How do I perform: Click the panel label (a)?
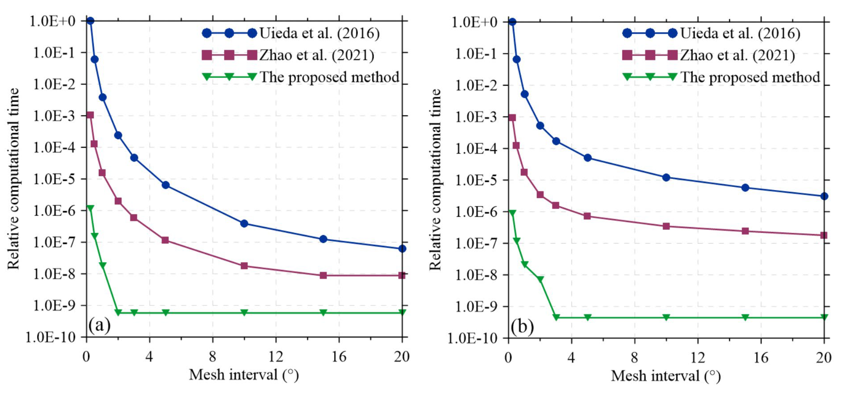[x=99, y=325]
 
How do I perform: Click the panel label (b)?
[x=522, y=327]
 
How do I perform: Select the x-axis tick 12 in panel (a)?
[x=276, y=357]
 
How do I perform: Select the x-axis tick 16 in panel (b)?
[x=761, y=358]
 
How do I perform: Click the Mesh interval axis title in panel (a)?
[x=244, y=375]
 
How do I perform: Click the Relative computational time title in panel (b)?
[x=435, y=179]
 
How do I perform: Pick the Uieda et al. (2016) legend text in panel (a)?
[x=319, y=33]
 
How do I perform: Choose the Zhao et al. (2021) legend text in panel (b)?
[x=737, y=55]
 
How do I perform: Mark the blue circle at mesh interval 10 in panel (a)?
[x=244, y=223]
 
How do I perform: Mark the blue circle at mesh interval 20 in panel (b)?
[x=824, y=196]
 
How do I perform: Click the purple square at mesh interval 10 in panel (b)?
[x=666, y=226]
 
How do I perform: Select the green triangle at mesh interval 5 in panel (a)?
[x=165, y=312]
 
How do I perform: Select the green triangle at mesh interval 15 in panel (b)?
[x=745, y=317]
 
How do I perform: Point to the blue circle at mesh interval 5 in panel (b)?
[x=588, y=158]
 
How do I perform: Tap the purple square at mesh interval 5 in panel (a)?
[x=165, y=240]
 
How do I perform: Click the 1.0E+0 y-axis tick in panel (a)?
[x=53, y=21]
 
